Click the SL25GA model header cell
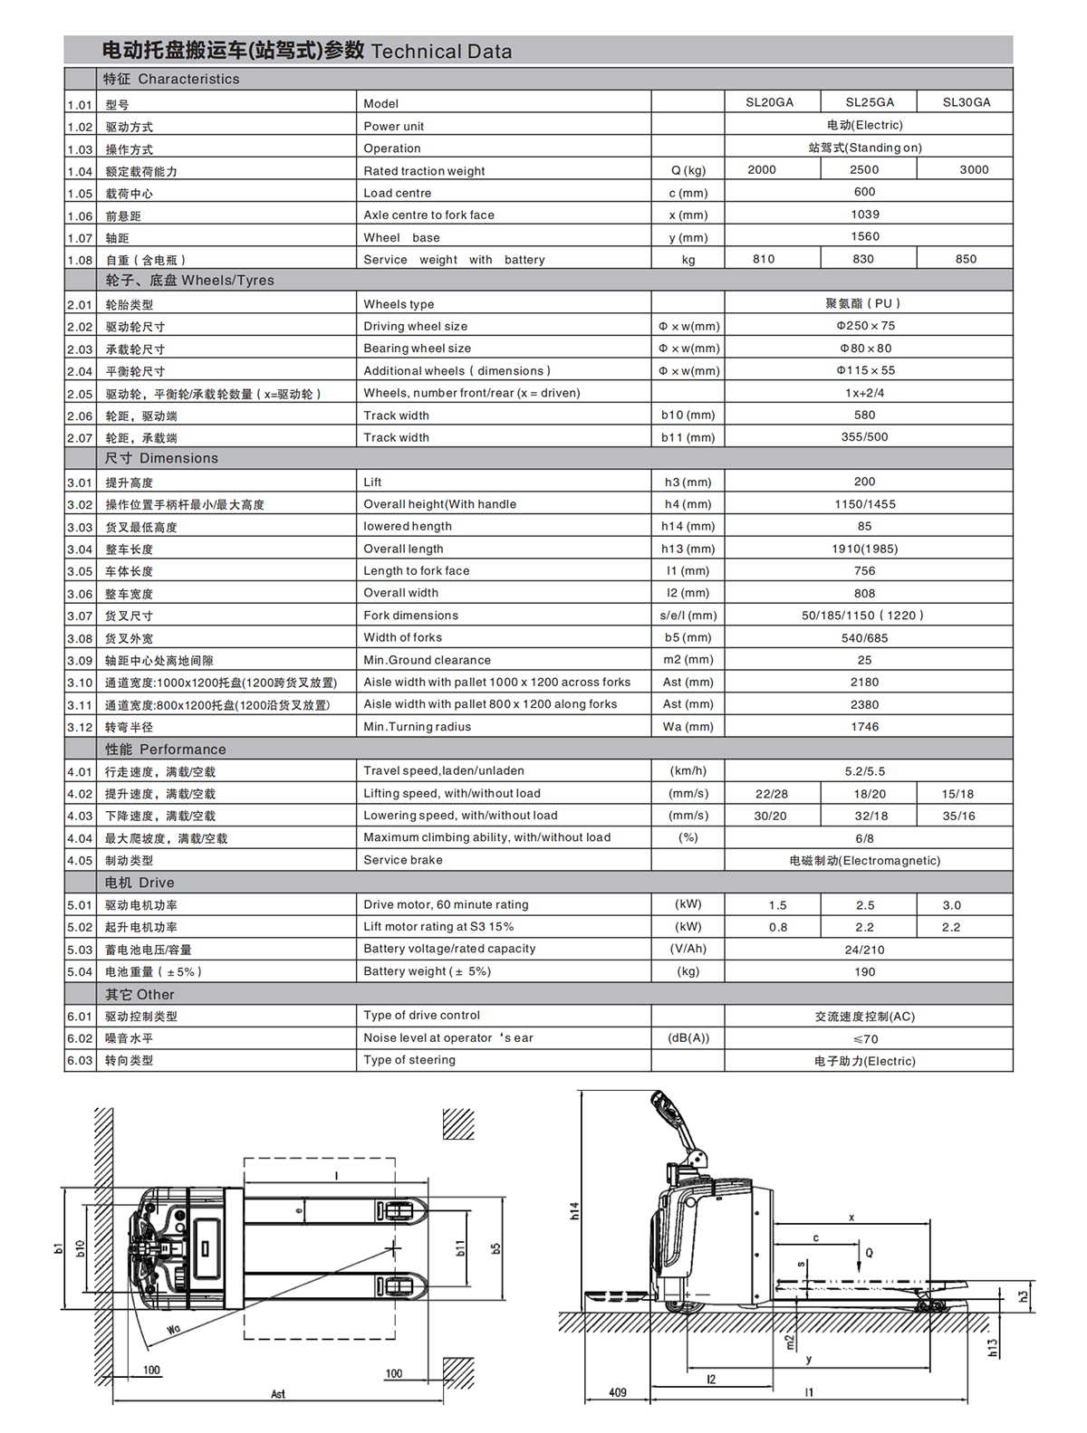tap(869, 102)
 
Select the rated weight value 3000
tap(974, 170)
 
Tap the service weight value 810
tap(764, 259)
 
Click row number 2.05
tap(80, 394)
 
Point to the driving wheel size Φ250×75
tap(865, 326)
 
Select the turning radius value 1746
tap(864, 727)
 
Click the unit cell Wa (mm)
tap(688, 727)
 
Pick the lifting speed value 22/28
tap(771, 794)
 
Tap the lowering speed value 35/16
tap(958, 816)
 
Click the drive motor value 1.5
tap(777, 905)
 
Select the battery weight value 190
tap(864, 972)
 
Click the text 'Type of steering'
tap(409, 1060)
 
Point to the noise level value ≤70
tap(865, 1039)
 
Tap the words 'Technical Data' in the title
tap(441, 52)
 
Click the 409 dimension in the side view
tap(617, 1392)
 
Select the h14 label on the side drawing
tap(574, 1210)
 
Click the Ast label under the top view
tap(278, 1394)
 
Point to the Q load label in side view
tap(869, 1253)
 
